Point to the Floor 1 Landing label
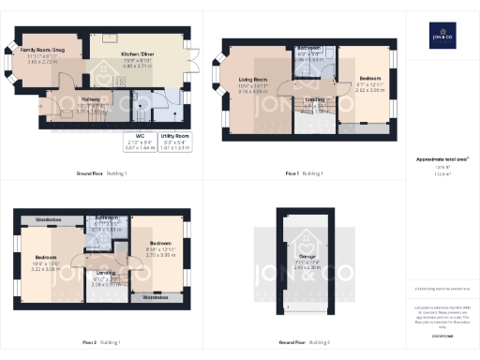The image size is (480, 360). (313, 108)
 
